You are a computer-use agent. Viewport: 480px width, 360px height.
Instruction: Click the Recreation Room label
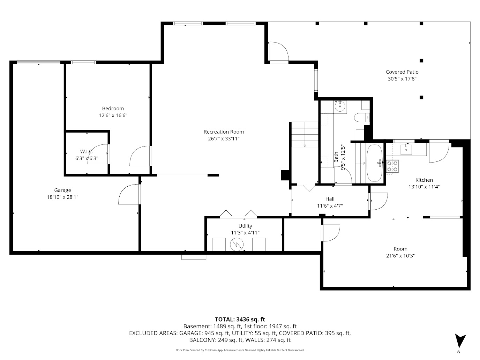pos(224,132)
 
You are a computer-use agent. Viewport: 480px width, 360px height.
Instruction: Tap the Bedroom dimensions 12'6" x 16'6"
pos(113,115)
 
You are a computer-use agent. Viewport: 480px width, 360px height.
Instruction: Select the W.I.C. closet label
pos(87,151)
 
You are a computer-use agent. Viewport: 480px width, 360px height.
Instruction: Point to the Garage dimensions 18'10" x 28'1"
pos(62,197)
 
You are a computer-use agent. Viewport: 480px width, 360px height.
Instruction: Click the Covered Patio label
pos(402,72)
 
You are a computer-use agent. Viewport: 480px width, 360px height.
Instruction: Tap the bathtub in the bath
pos(375,163)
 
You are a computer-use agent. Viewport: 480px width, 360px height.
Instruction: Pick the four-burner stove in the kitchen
pos(392,166)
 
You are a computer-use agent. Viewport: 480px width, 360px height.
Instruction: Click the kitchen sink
pos(406,149)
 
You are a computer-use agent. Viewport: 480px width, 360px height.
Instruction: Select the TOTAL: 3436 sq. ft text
pos(240,319)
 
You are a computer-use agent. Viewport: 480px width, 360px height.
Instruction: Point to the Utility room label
pos(245,226)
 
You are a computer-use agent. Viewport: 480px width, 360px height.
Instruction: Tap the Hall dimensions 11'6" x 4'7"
pos(330,206)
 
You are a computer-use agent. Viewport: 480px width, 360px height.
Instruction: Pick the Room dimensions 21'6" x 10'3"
pos(400,256)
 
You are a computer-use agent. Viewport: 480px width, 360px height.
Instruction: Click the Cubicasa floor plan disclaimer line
pos(240,350)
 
